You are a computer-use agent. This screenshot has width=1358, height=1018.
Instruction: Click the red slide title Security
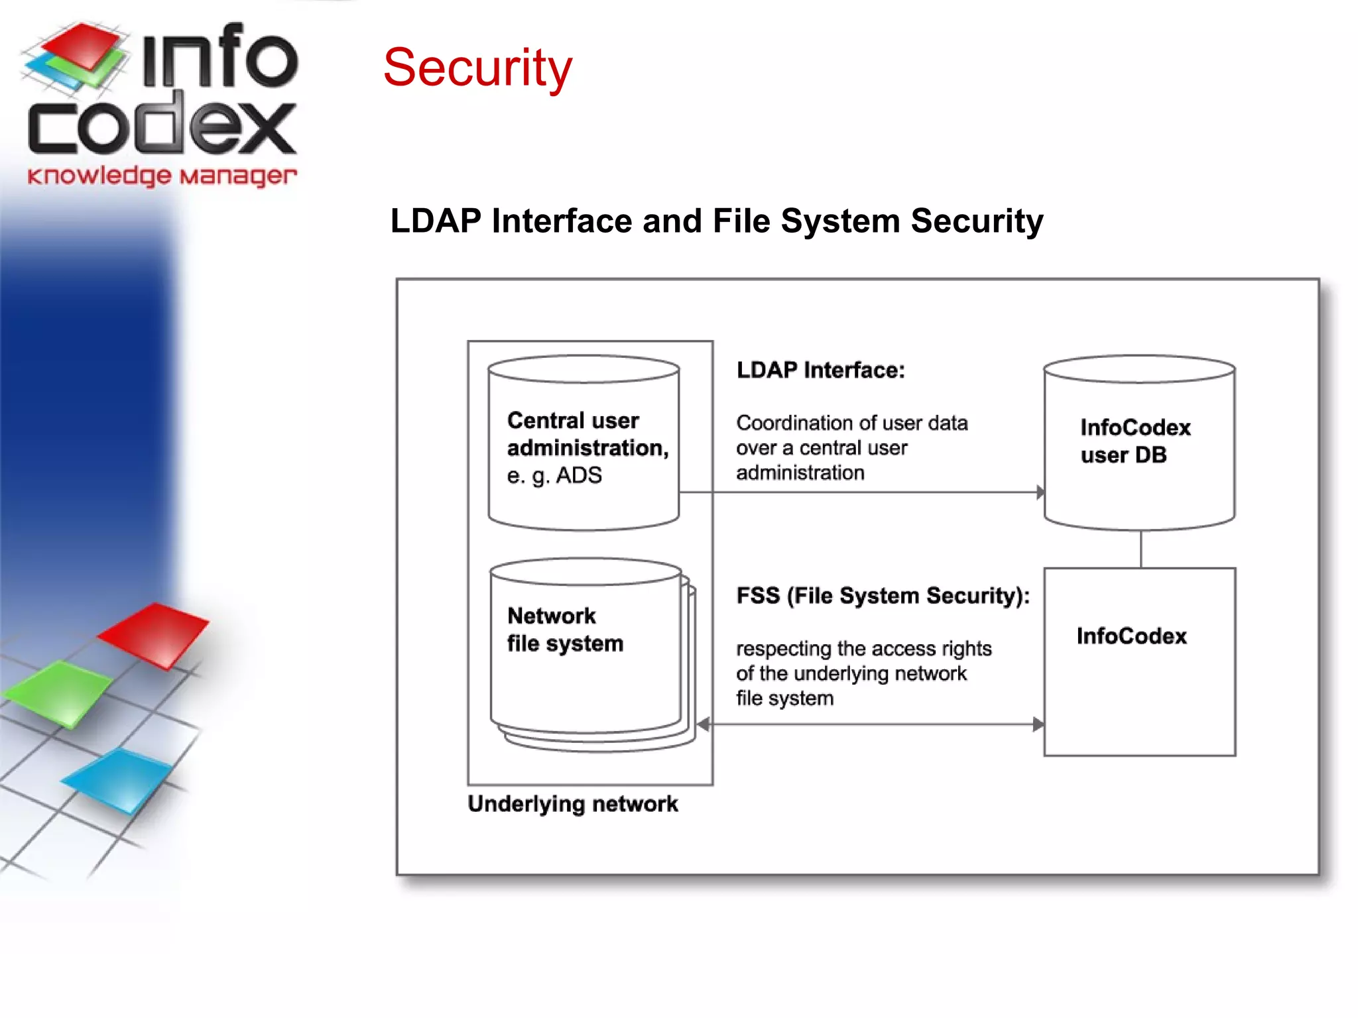click(x=477, y=68)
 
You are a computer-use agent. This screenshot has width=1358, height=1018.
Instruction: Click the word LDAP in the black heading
click(x=435, y=221)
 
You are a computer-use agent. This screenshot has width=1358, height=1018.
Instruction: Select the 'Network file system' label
click(x=565, y=630)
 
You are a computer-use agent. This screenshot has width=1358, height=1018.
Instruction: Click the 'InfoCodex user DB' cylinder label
click(x=1135, y=441)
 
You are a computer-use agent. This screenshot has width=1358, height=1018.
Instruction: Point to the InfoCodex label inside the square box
click(x=1131, y=636)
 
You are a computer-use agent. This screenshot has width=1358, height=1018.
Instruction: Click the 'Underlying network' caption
click(x=573, y=804)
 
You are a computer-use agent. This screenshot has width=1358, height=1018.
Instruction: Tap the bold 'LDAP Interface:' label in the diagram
click(x=820, y=370)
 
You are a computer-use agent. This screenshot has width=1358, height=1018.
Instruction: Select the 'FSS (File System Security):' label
click(x=883, y=596)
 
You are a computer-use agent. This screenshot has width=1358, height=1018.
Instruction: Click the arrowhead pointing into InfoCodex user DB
click(x=1040, y=492)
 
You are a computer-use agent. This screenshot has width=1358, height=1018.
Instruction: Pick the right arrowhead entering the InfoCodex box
click(x=1038, y=724)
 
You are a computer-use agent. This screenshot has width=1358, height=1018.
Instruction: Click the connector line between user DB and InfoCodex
click(x=1141, y=549)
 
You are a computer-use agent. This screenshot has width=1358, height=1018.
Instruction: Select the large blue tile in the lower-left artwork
click(x=119, y=780)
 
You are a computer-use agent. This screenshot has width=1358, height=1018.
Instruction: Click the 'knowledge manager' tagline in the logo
click(x=162, y=176)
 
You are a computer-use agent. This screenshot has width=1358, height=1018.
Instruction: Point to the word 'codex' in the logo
click(x=162, y=126)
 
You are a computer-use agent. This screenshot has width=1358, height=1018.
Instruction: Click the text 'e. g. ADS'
click(x=554, y=475)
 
